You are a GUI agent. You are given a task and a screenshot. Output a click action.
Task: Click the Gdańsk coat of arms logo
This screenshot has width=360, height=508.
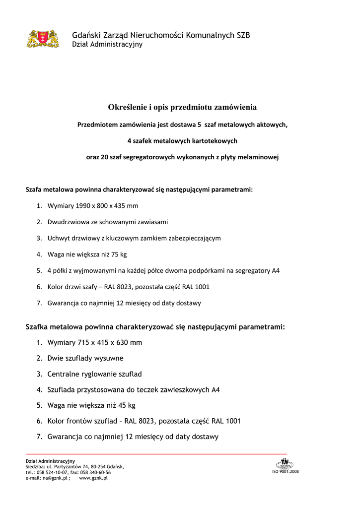[x=43, y=39]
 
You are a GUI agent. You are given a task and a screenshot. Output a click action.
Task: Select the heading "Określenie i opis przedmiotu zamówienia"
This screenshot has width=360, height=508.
[x=182, y=107]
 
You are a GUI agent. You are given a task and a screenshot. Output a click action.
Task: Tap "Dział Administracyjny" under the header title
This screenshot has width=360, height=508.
[x=107, y=45]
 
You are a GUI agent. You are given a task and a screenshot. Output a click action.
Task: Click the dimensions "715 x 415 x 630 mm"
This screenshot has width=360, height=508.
[x=110, y=342]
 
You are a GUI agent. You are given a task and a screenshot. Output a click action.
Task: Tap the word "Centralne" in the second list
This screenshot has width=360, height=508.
[x=65, y=374]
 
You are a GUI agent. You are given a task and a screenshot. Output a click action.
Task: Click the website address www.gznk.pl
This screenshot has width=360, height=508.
[x=93, y=478]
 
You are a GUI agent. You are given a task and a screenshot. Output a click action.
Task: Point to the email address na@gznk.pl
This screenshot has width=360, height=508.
[x=55, y=478]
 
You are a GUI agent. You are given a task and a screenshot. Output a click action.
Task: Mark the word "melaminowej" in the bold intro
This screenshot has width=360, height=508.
[x=257, y=157]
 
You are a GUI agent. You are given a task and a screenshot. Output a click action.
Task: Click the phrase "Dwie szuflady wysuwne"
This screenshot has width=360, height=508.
[x=85, y=358]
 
